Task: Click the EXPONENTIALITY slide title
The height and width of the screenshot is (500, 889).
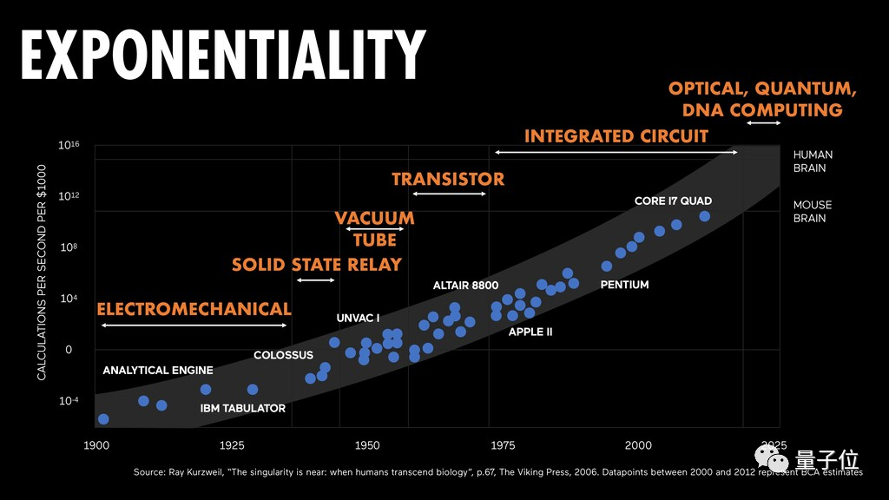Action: pos(223,57)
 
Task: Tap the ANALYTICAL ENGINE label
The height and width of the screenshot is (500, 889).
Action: pos(158,371)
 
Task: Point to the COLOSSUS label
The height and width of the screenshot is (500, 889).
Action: pos(283,355)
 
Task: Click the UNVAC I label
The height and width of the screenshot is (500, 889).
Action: pos(358,319)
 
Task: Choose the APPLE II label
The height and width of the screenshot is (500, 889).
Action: pos(530,332)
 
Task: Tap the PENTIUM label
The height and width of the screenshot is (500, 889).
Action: pos(624,285)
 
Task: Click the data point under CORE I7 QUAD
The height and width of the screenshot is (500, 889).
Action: pos(705,216)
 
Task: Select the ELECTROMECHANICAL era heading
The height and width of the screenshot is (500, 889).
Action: pos(194,309)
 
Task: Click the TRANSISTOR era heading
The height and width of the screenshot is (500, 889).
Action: pos(448,180)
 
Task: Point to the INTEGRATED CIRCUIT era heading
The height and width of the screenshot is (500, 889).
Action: pos(616,136)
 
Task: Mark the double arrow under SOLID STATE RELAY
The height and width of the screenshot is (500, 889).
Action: pos(315,280)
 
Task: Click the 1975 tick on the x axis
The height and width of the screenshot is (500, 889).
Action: pos(503,445)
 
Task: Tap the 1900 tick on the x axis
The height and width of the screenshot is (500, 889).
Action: pos(96,445)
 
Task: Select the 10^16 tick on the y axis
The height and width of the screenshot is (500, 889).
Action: pos(69,146)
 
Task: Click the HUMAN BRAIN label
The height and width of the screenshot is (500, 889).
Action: pos(813,161)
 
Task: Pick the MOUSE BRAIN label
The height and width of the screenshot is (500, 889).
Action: pos(813,212)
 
